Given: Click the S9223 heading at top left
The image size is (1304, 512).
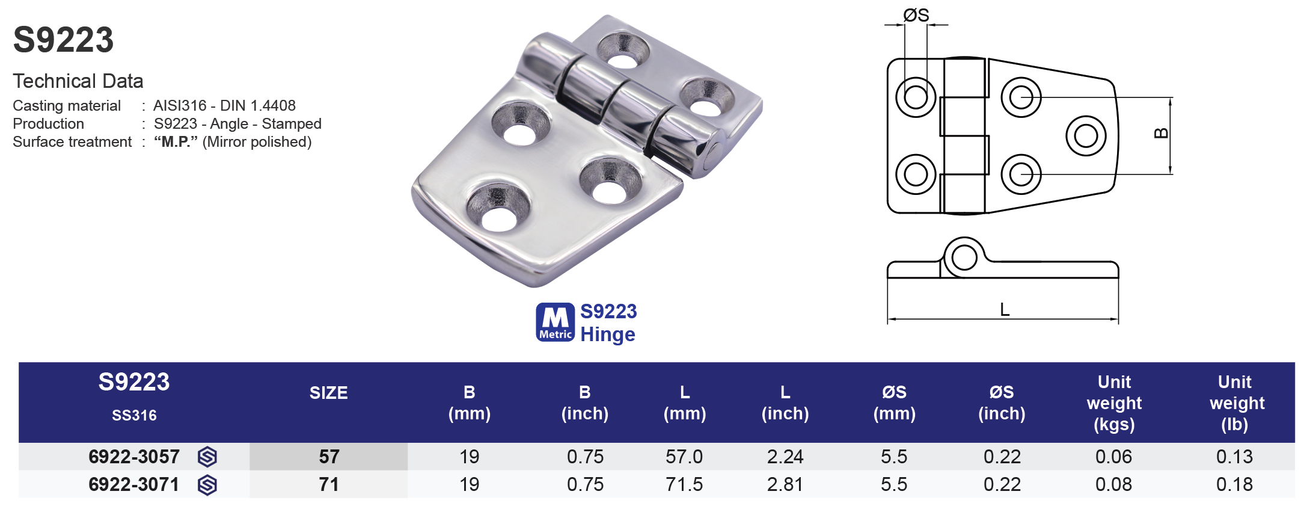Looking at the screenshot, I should point(63,40).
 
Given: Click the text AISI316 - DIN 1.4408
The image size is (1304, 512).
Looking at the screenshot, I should point(224,105).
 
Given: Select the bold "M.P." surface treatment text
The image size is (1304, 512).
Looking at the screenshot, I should point(176,142).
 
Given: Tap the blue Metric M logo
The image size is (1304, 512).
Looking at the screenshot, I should point(555,322).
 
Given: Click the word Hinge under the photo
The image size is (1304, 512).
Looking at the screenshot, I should point(607,335).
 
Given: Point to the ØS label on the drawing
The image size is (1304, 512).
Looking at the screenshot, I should point(916,15).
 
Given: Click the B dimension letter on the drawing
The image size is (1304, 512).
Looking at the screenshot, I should point(1162,134).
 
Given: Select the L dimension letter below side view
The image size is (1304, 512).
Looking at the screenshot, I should point(1005,310).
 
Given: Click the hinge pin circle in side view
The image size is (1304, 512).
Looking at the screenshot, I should point(964,258).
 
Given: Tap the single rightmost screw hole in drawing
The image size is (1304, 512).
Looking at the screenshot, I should point(1086,135).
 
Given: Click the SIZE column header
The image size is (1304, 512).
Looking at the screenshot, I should point(328,393).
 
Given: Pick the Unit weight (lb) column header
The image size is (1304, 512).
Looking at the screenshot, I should point(1236,403).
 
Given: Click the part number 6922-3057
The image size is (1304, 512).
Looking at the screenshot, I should point(133,457).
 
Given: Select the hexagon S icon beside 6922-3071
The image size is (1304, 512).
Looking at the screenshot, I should point(207,485).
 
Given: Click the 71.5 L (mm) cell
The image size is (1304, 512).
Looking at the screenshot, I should point(684,484).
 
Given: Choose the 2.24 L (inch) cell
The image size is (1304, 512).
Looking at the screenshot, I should point(785,457).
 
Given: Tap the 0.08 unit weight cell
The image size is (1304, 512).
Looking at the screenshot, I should point(1113,484).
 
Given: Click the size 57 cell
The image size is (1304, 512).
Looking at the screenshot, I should point(329,457).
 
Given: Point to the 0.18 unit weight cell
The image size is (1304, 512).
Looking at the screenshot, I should point(1234,484).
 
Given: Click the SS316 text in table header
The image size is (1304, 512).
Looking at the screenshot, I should point(134,415).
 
